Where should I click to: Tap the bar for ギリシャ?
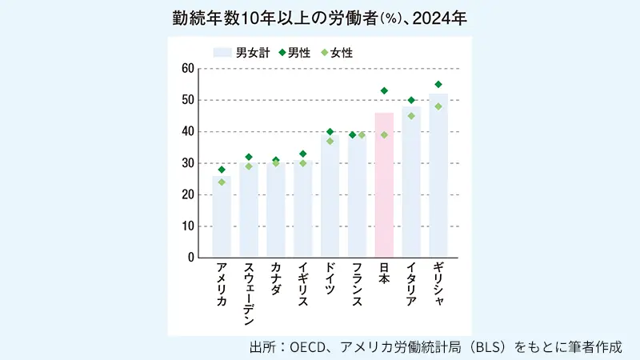[x=438, y=176]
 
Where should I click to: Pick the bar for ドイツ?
[x=330, y=196]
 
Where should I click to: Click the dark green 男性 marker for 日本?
[x=384, y=90]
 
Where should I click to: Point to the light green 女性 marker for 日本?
[x=384, y=134]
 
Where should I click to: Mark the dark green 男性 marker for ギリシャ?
[x=438, y=84]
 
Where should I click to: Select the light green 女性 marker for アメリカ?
[x=222, y=182]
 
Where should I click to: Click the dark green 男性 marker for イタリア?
[x=411, y=100]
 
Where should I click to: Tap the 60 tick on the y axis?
[x=189, y=68]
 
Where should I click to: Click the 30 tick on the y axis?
[x=189, y=163]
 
